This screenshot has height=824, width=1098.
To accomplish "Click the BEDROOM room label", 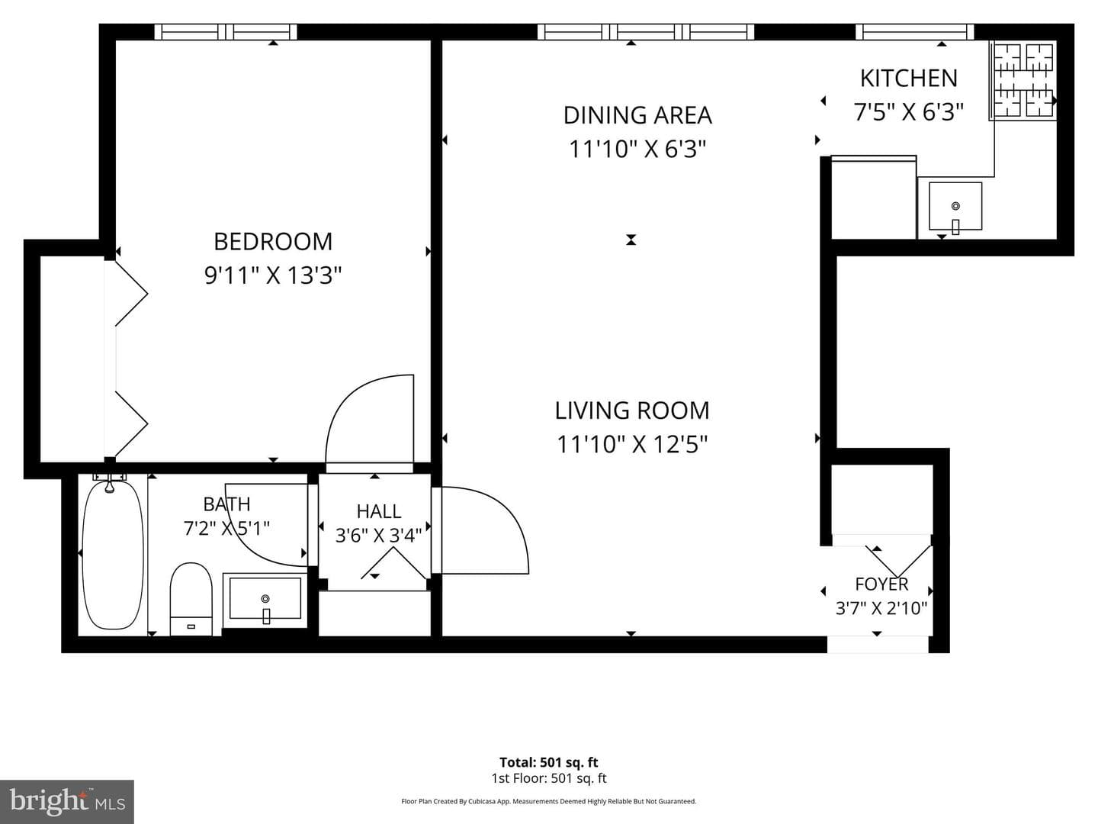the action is click(x=273, y=242).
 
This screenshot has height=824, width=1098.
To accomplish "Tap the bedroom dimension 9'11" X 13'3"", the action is click(x=273, y=275).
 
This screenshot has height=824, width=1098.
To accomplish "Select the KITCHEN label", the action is click(x=908, y=78).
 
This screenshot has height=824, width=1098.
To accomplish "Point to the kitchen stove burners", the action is click(x=1023, y=80).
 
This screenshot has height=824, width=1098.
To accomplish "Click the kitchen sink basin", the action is click(x=955, y=206).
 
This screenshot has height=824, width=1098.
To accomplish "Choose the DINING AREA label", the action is click(x=637, y=115).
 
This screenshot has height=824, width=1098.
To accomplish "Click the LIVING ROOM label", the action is click(x=632, y=410).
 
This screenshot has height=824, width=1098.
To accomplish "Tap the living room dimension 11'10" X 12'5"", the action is click(x=632, y=444).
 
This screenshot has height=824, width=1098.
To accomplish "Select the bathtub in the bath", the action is click(x=113, y=554).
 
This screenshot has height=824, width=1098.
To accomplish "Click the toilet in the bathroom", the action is click(x=191, y=599).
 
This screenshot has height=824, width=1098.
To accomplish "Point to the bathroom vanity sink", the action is click(x=265, y=599).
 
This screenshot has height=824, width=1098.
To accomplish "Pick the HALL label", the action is click(x=379, y=511).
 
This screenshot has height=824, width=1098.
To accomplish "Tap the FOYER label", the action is click(x=881, y=584).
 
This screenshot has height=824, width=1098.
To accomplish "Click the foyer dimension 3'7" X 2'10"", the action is click(x=881, y=608).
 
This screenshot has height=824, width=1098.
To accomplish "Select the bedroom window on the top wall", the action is click(x=226, y=32).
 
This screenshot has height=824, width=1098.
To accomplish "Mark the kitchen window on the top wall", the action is click(x=915, y=32).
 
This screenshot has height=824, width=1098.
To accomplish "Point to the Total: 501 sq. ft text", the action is click(x=549, y=762).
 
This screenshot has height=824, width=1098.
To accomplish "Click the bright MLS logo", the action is click(x=67, y=801).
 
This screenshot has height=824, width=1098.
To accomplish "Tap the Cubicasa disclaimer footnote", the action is click(x=549, y=801).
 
